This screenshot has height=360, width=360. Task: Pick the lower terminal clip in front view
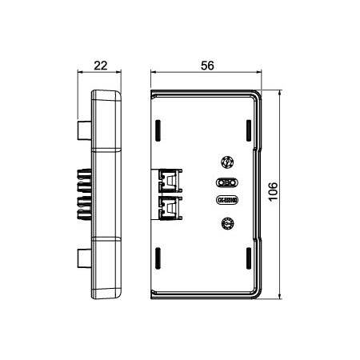click(x=170, y=207)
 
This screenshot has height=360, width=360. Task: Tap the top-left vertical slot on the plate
click(x=158, y=130)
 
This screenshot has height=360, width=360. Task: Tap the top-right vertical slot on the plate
click(x=248, y=130)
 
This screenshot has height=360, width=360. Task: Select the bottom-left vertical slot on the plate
click(x=158, y=258)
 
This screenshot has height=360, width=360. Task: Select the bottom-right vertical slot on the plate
click(x=248, y=258)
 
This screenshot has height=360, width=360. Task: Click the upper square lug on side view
click(x=85, y=130)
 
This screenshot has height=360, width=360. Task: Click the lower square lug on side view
click(x=85, y=258)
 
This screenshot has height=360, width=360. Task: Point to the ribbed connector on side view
click(x=82, y=194)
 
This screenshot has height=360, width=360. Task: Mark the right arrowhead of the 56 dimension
click(x=260, y=72)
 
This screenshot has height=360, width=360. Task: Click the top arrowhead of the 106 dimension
click(x=280, y=91)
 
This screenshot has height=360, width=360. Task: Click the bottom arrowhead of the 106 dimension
click(x=280, y=298)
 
